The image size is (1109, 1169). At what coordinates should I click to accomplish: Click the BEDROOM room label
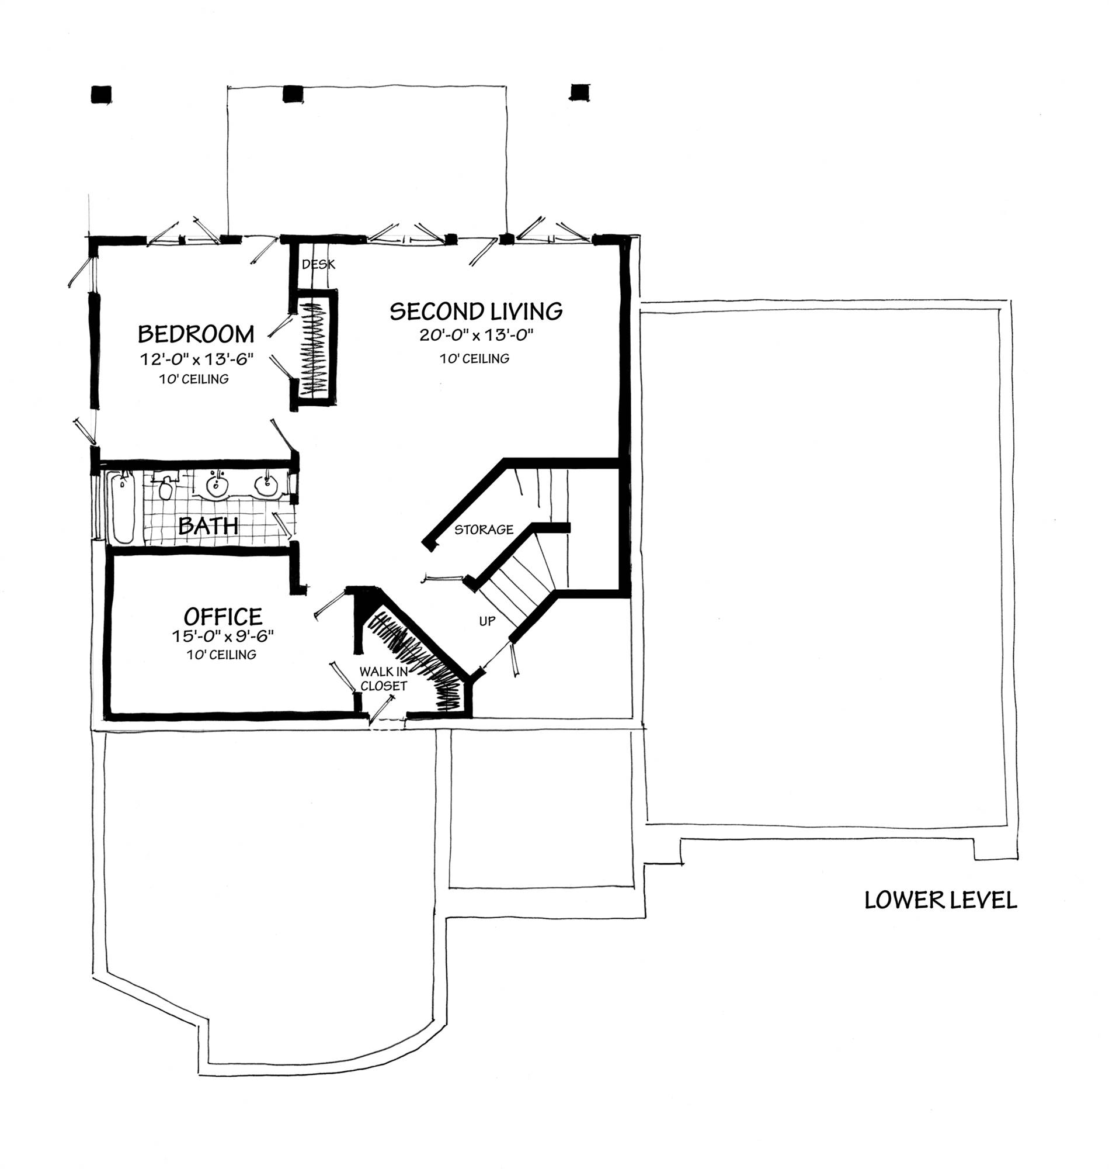196,335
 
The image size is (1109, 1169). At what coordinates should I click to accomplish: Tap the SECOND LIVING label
476,312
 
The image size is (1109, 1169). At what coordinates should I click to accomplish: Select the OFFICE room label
223,617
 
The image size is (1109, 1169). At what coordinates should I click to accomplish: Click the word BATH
208,525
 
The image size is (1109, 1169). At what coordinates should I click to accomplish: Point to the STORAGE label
484,530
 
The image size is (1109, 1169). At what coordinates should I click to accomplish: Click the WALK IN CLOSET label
384,679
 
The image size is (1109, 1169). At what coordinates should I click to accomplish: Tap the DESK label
319,264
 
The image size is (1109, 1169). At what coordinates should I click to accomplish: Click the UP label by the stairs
487,621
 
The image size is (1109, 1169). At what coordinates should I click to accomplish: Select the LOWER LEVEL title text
940,900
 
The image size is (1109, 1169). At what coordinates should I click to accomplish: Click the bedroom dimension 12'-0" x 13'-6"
197,359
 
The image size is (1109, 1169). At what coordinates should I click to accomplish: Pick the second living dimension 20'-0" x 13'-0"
477,336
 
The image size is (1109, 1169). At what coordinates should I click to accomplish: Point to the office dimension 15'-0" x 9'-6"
223,636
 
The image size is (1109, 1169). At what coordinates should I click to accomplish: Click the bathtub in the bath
124,507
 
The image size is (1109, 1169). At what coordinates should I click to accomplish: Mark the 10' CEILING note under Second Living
474,358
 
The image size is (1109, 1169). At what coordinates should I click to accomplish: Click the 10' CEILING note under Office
222,655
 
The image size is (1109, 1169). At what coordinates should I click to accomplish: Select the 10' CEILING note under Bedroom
194,379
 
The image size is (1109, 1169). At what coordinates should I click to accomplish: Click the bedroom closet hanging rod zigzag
317,349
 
